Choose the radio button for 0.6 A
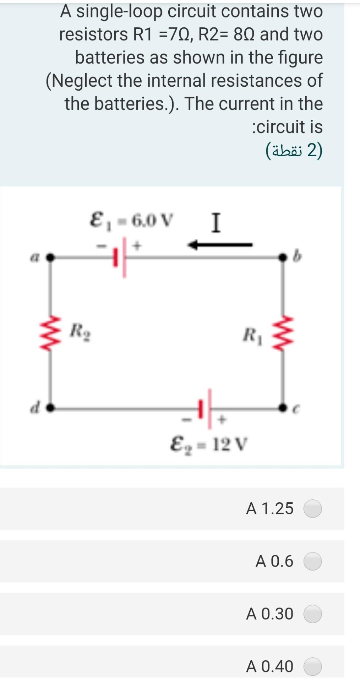(x=312, y=561)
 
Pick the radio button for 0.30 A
(x=312, y=614)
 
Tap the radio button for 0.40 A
(x=312, y=666)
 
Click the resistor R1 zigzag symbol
(x=283, y=334)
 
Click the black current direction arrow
(x=220, y=245)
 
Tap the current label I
(x=216, y=223)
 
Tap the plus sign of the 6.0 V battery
(x=138, y=245)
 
